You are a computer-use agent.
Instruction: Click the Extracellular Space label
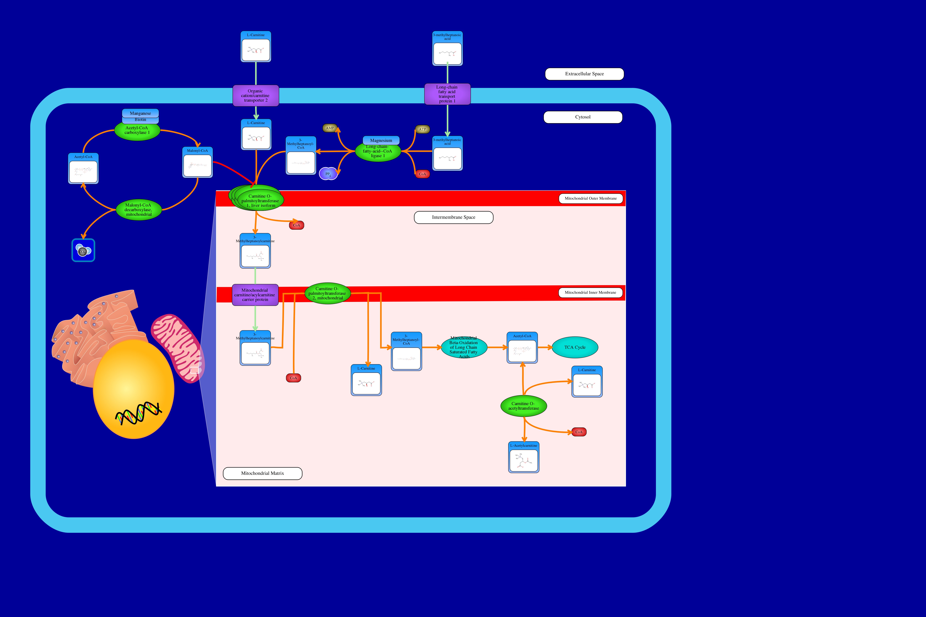click(584, 74)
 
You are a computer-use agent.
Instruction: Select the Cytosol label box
click(583, 117)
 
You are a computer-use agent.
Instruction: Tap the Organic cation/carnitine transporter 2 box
click(256, 96)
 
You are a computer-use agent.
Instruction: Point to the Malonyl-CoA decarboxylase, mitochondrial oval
click(139, 210)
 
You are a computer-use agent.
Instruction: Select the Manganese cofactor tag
click(140, 113)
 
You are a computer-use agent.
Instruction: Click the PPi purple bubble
click(328, 174)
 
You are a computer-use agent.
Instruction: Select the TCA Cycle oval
click(575, 348)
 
